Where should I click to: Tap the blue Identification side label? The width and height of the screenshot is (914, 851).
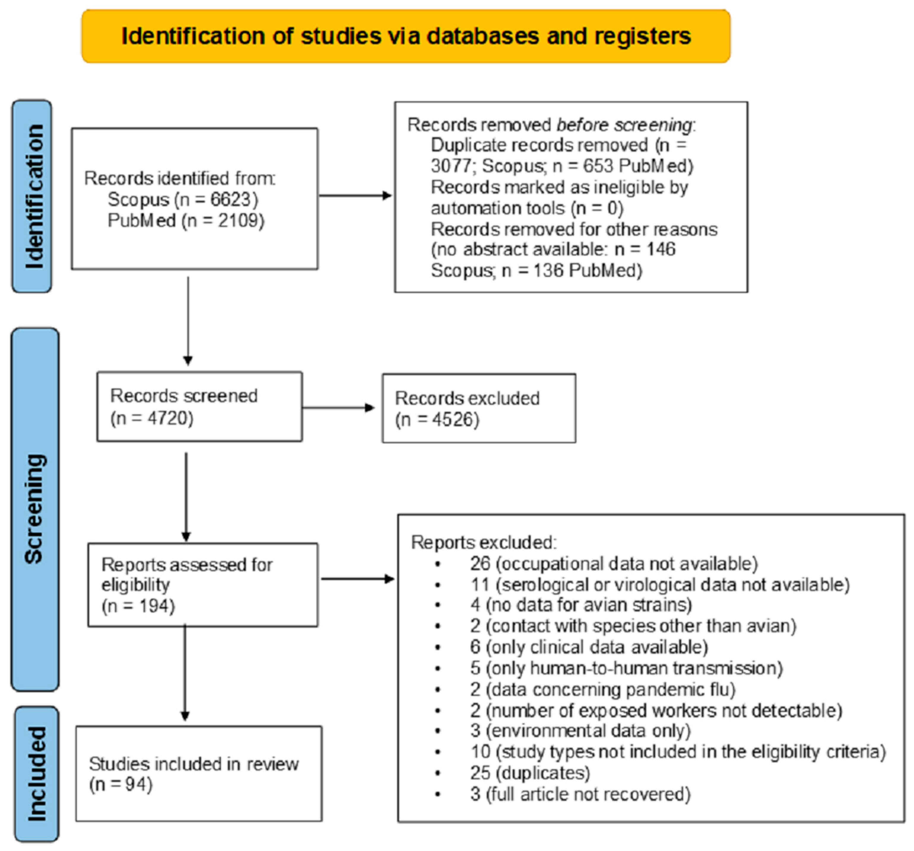pyautogui.click(x=32, y=197)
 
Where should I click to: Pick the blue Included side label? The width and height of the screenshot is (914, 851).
pyautogui.click(x=37, y=774)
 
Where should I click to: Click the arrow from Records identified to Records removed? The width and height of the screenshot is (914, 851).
pyautogui.click(x=355, y=195)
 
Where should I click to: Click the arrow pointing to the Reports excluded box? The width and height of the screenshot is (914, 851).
pyautogui.click(x=358, y=579)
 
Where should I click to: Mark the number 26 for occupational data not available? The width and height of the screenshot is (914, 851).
pyautogui.click(x=480, y=564)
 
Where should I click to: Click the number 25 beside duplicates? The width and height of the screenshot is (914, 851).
pyautogui.click(x=480, y=773)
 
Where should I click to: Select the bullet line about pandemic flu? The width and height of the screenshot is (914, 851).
pyautogui.click(x=602, y=689)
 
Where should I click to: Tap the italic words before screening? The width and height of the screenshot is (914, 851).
pyautogui.click(x=624, y=125)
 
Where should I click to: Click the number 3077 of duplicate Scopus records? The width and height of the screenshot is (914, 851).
pyautogui.click(x=450, y=166)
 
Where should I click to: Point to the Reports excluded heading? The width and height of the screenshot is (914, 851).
pyautogui.click(x=483, y=542)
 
